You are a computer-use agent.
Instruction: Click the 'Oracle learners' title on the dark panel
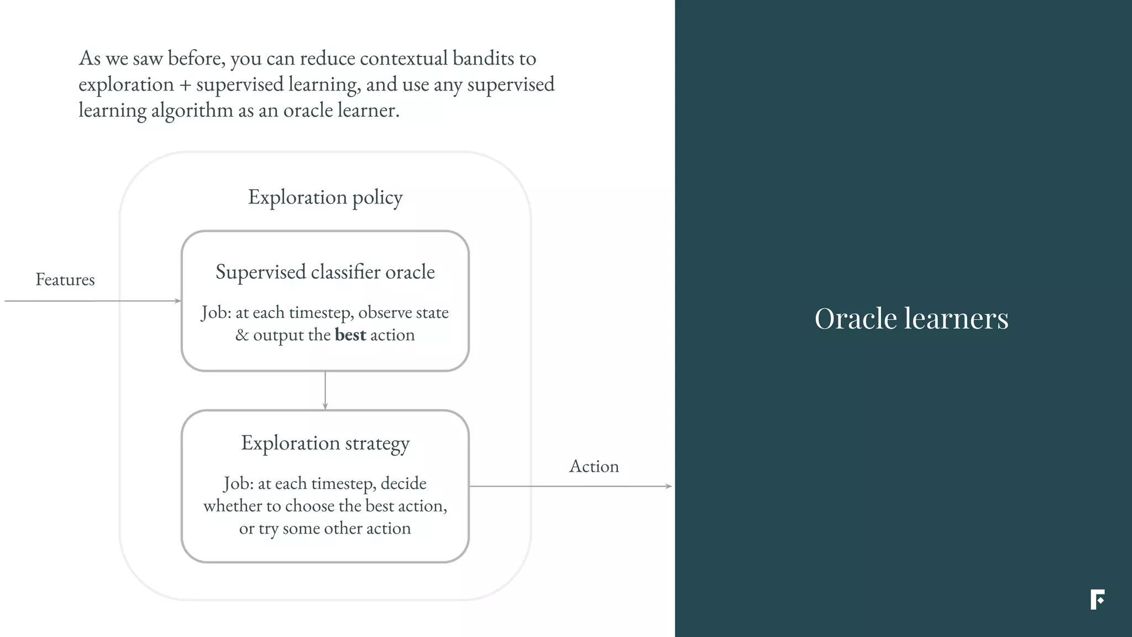(x=911, y=319)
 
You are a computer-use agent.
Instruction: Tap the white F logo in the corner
(x=1097, y=599)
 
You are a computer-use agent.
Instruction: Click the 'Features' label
(x=65, y=280)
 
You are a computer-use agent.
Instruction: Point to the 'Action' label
(x=594, y=467)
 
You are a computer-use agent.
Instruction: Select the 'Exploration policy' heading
(x=325, y=197)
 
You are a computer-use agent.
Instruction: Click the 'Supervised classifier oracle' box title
(x=325, y=272)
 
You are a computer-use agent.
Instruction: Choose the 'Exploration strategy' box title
(x=325, y=443)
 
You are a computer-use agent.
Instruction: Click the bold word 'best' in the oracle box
(x=350, y=335)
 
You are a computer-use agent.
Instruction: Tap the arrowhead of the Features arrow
(x=178, y=301)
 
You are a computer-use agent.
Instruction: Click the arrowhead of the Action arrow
(x=669, y=486)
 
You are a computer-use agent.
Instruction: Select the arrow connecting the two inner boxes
(x=325, y=390)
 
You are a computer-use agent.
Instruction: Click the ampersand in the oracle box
(x=242, y=335)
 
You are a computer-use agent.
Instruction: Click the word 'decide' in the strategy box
(x=403, y=484)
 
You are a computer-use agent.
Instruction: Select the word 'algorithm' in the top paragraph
(x=192, y=111)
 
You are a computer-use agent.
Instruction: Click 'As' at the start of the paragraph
(x=90, y=59)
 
